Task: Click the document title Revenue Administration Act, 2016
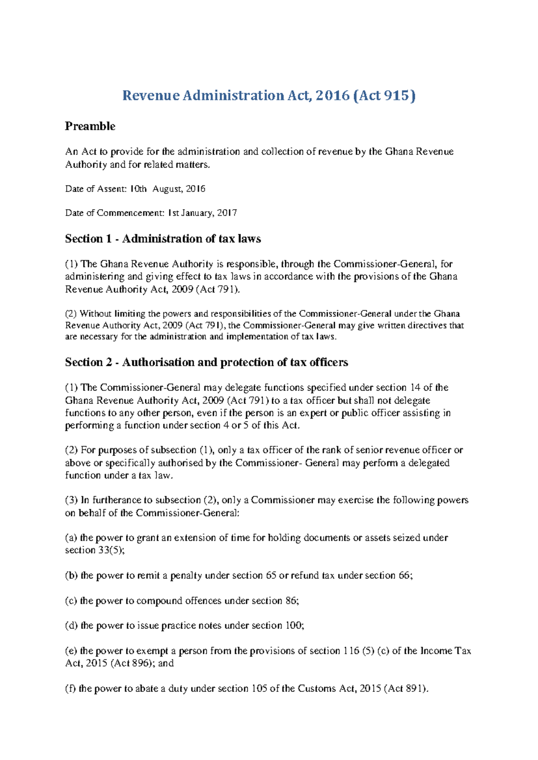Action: tap(269, 95)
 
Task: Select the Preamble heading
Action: tap(90, 126)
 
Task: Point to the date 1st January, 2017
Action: tap(202, 213)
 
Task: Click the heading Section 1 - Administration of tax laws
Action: tap(163, 239)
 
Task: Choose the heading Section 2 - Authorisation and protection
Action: tap(206, 362)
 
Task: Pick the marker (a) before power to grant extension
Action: tap(71, 538)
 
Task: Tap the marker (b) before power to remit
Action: tap(72, 575)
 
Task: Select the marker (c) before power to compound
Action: tap(71, 600)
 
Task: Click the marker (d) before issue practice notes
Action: tap(72, 626)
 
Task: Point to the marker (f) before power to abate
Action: tap(71, 689)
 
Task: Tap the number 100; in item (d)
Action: tap(295, 626)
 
